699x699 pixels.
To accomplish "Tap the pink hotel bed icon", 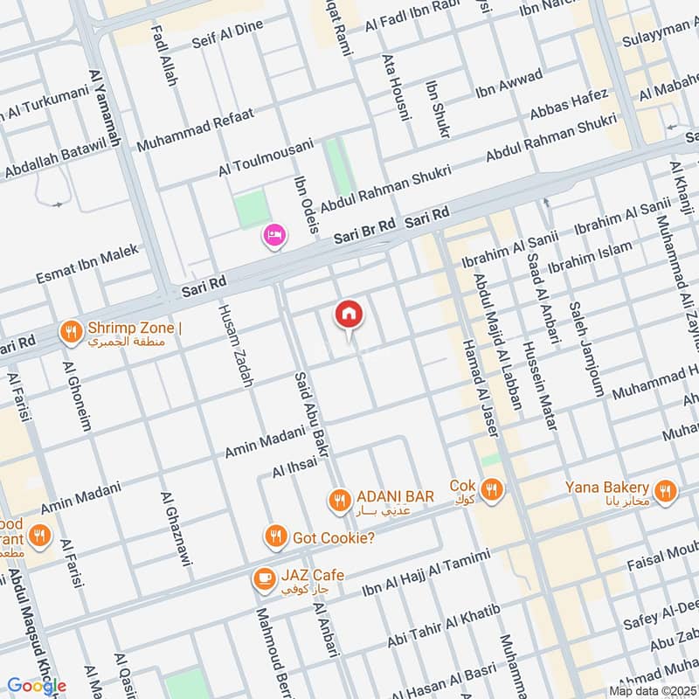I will [274, 235].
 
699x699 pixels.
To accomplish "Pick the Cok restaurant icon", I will [492, 490].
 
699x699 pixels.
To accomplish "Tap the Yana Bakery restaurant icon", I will [666, 493].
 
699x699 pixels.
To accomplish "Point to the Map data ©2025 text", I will [652, 690].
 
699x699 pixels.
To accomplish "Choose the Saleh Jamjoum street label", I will [586, 349].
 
